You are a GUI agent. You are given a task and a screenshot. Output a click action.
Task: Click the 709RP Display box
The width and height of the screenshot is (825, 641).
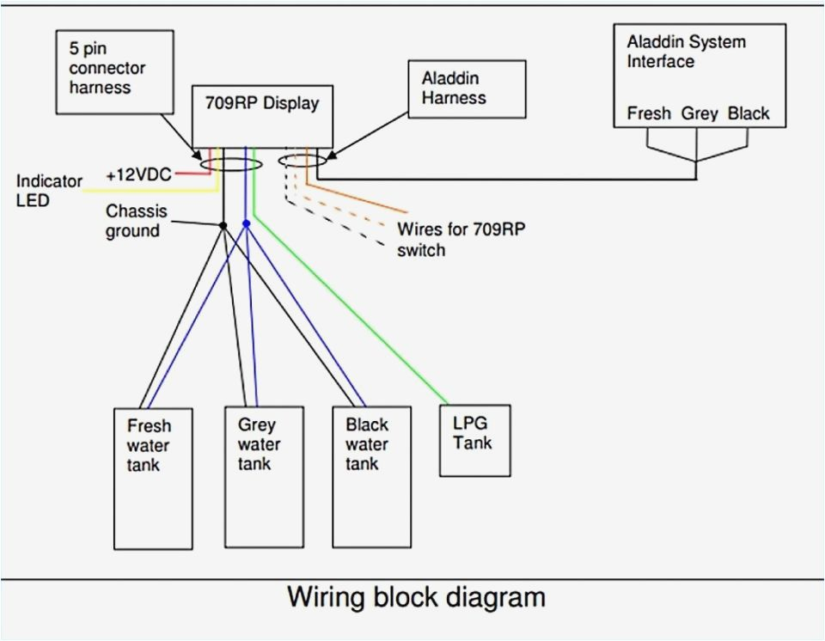point(262,116)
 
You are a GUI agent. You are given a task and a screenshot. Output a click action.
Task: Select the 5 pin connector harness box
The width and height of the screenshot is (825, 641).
point(114,71)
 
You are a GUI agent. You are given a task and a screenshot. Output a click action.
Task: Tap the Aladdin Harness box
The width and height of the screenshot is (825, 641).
point(467,89)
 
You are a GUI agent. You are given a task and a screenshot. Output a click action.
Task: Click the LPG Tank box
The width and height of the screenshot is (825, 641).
point(474,441)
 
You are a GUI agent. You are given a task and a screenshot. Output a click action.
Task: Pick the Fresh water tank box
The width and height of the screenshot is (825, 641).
point(153,479)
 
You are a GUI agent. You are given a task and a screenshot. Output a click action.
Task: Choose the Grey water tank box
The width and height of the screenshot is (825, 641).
point(264,478)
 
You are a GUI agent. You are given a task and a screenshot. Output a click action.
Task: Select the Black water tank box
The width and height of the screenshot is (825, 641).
point(371,478)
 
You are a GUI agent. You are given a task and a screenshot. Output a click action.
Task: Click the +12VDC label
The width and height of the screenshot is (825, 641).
point(139,174)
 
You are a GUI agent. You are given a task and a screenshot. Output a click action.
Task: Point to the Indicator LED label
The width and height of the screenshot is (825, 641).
point(49,191)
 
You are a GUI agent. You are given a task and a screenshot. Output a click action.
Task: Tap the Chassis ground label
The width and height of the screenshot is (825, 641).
point(137,221)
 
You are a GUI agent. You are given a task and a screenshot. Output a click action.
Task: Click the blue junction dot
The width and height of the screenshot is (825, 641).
point(246,223)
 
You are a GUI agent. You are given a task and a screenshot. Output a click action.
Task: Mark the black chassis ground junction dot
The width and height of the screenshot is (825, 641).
point(223,225)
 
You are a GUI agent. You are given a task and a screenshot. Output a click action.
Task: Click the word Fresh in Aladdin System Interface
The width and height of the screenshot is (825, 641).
point(649,113)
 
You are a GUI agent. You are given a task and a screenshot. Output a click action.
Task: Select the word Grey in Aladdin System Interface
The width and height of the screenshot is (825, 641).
point(700,113)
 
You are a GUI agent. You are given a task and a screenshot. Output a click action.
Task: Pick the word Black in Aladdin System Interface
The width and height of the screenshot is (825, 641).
point(749,113)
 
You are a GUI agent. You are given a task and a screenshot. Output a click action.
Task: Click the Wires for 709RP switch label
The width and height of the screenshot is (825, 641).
point(461,240)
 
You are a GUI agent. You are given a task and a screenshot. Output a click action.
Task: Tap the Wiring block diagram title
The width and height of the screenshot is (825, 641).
point(416,597)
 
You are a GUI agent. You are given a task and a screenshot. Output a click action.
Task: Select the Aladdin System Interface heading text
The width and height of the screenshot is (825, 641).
point(686,52)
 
